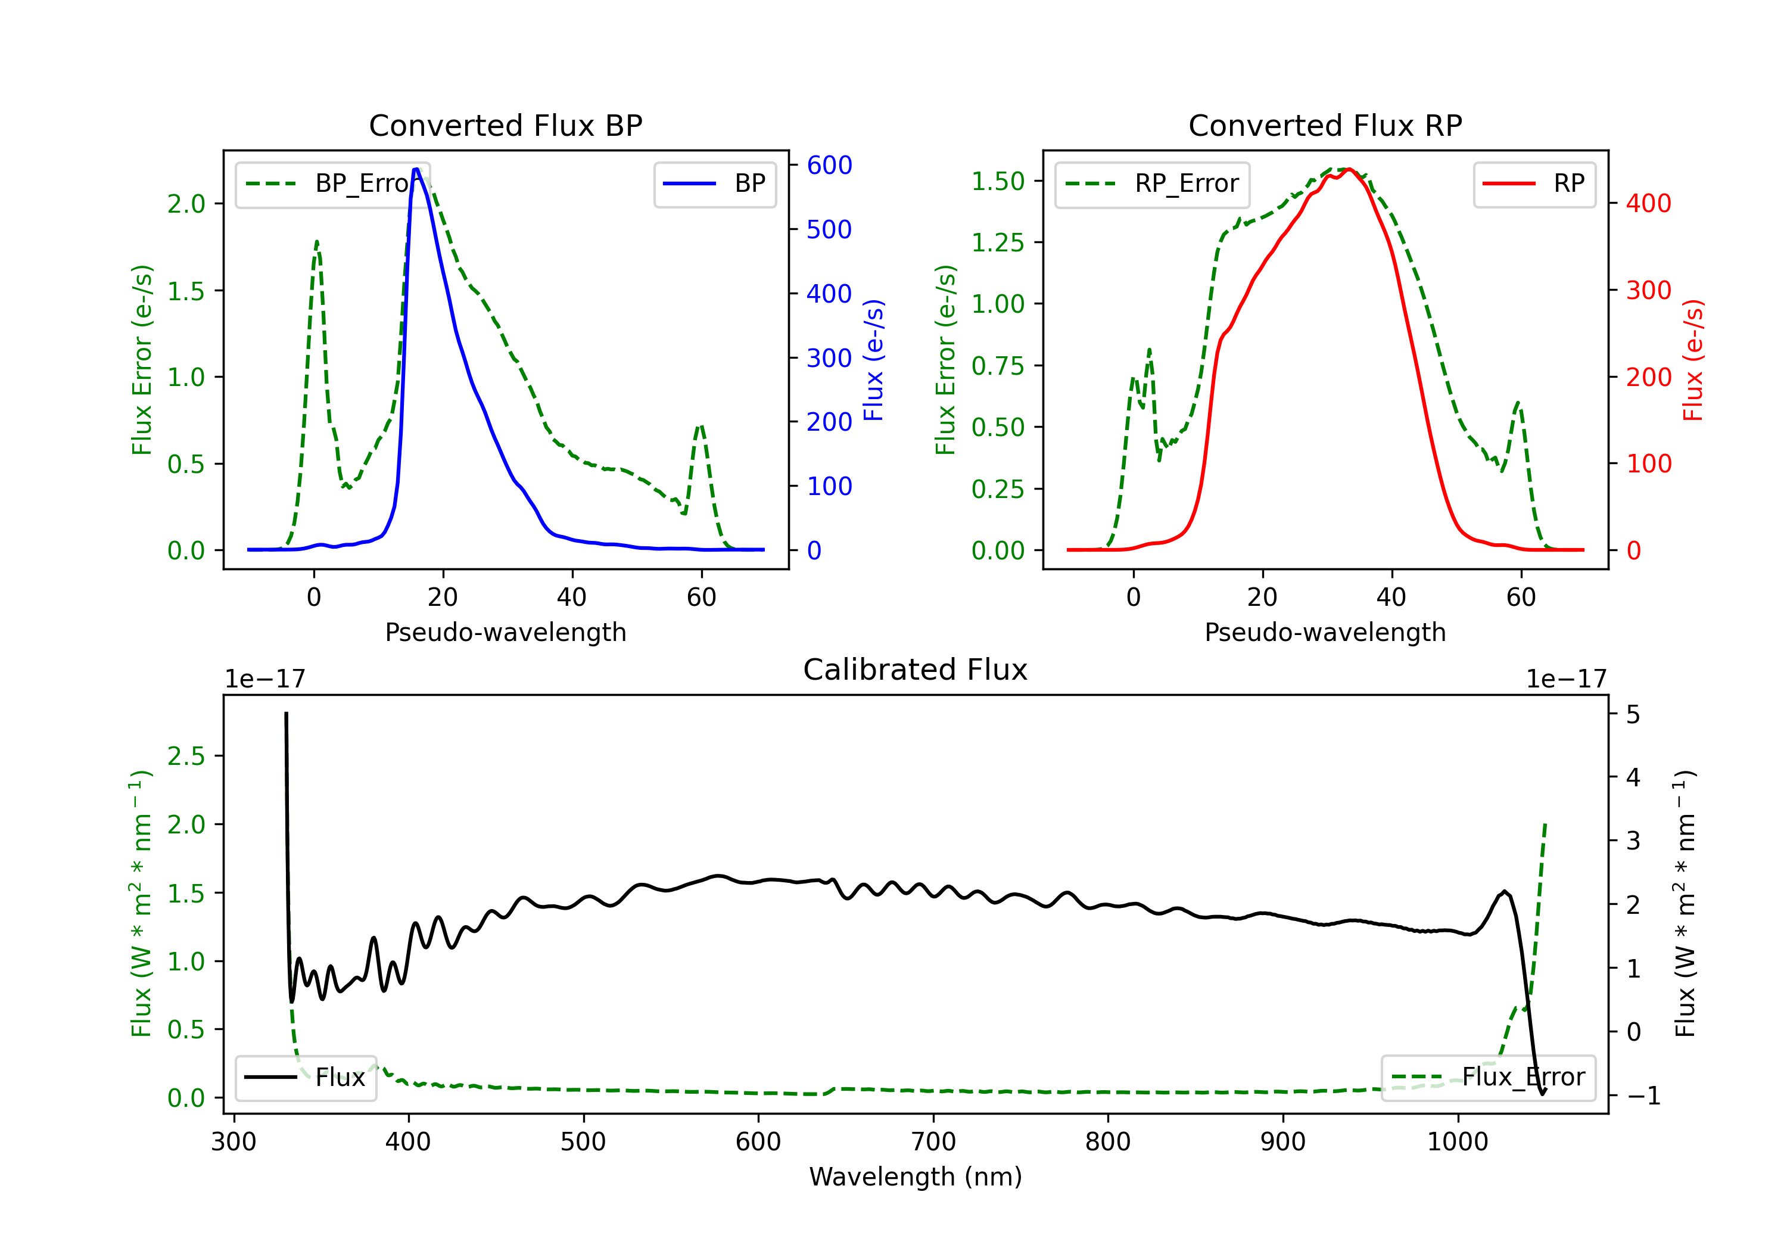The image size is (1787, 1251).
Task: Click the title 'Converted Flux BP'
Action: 505,125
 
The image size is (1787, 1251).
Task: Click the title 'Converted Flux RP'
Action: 1325,125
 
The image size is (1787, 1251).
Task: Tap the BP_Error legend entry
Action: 332,183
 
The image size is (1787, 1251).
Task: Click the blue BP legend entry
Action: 714,183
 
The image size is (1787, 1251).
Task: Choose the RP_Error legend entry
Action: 1152,183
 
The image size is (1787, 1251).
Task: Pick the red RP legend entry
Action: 1534,183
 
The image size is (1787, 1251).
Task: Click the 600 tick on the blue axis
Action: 829,165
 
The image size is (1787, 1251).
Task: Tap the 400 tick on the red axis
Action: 1648,203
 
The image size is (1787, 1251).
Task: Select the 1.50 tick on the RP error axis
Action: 997,181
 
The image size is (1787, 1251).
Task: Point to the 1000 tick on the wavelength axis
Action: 1457,1141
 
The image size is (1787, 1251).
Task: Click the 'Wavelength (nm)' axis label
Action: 916,1177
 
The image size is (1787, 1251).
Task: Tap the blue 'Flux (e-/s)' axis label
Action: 874,360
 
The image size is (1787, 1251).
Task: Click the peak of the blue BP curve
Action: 416,169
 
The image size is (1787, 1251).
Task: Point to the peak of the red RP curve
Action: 1349,170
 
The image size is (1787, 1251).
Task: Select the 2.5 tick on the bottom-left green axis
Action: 185,756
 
